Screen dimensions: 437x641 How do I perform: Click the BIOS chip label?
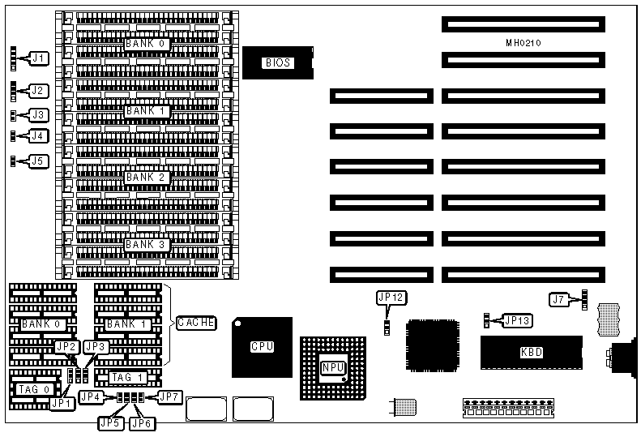click(277, 62)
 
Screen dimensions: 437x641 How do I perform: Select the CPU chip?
click(262, 346)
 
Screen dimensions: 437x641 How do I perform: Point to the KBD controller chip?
click(532, 353)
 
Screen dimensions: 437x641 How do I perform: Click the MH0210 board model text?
click(523, 41)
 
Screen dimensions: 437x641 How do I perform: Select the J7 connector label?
click(558, 300)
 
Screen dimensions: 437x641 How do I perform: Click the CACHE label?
click(196, 323)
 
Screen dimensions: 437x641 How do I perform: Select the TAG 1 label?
click(126, 377)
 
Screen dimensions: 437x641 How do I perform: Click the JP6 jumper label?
click(143, 422)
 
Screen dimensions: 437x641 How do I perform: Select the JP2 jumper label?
click(66, 346)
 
